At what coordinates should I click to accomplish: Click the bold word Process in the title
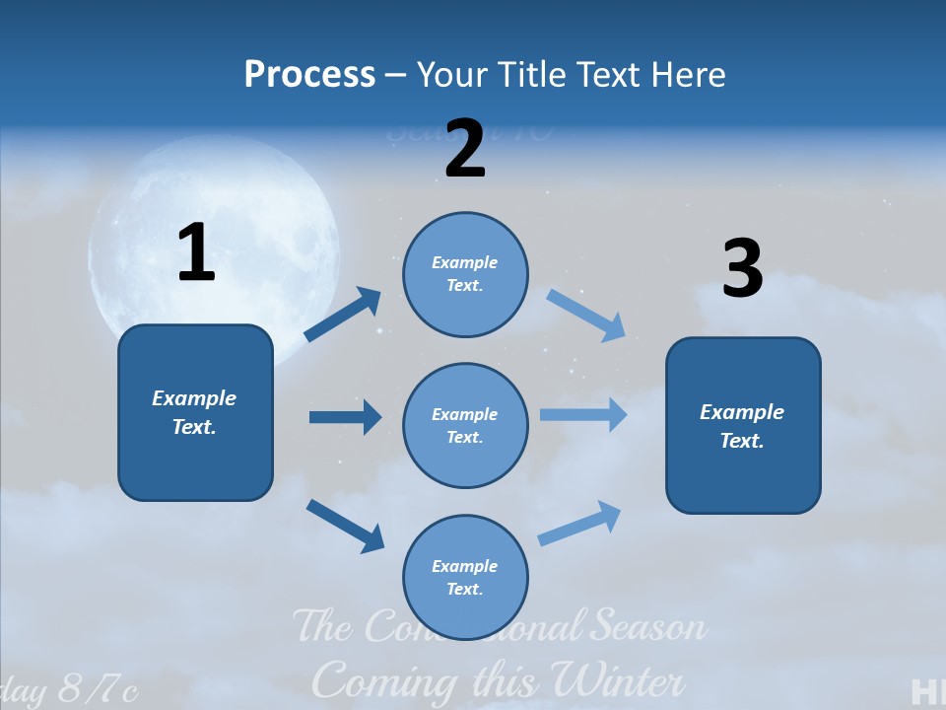[309, 74]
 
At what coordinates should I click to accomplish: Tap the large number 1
[196, 253]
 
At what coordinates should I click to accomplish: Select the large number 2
[464, 150]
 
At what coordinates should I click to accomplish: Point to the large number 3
[742, 270]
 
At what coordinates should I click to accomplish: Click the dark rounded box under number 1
[195, 412]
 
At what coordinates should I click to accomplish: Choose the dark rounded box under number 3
[743, 425]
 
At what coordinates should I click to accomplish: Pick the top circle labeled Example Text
[465, 274]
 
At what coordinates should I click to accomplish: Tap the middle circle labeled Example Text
[465, 425]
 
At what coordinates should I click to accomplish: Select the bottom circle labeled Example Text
[465, 577]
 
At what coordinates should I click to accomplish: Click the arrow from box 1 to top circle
[343, 315]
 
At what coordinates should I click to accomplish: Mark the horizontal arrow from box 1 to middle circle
[345, 417]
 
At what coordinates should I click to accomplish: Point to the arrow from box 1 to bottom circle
[345, 526]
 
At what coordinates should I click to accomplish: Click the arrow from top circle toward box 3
[586, 316]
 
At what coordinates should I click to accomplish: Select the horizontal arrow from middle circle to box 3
[583, 414]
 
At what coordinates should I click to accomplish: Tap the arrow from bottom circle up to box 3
[580, 523]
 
